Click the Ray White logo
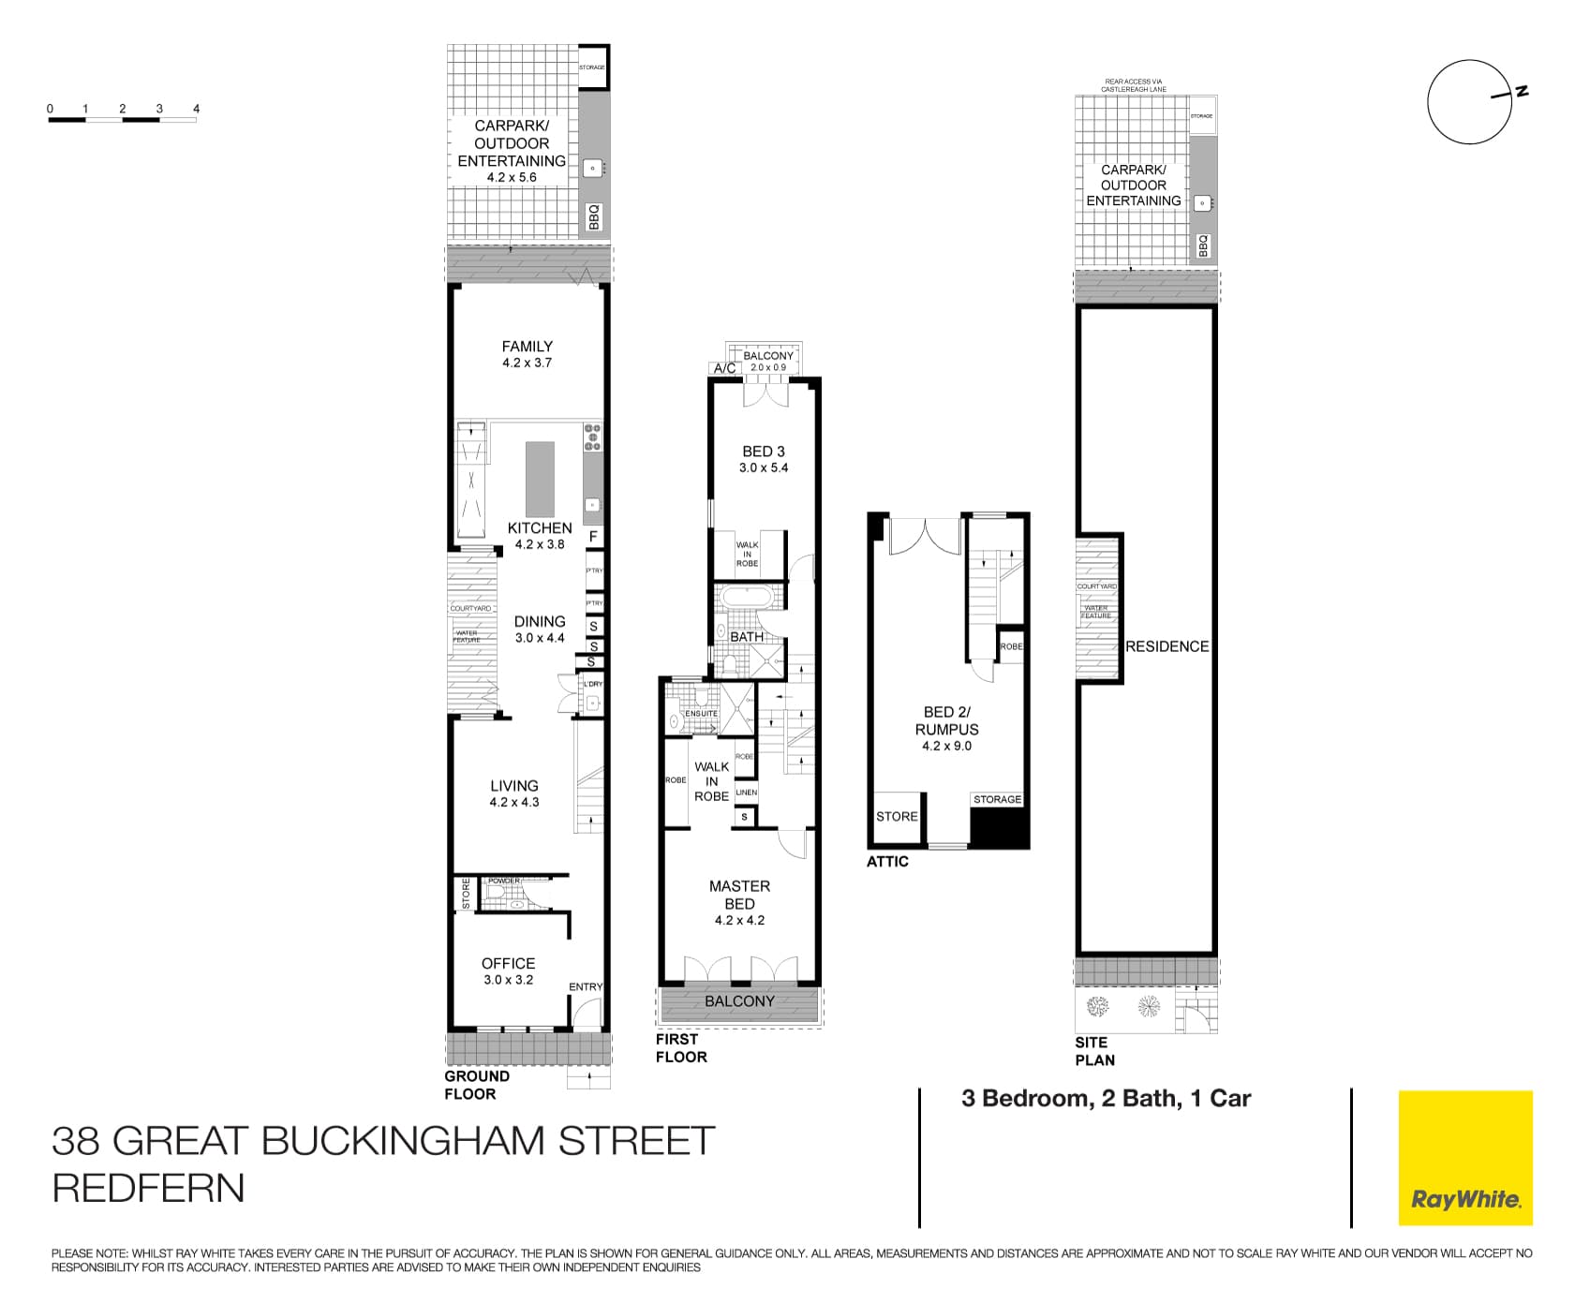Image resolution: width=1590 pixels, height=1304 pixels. click(x=1465, y=1158)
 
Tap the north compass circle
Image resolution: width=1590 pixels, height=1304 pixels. click(x=1469, y=102)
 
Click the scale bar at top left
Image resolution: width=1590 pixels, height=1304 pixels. click(x=123, y=119)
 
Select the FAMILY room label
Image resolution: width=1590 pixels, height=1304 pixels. click(x=527, y=347)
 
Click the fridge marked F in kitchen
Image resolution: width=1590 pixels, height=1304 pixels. click(x=593, y=537)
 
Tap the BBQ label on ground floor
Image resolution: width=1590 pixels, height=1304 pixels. click(x=593, y=217)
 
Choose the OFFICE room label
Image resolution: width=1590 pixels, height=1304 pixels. click(x=508, y=963)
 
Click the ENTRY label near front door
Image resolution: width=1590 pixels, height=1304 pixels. click(x=586, y=986)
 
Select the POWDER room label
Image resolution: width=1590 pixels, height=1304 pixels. click(x=503, y=881)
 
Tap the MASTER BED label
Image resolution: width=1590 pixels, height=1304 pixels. click(x=739, y=895)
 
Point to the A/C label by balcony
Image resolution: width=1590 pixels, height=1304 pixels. click(x=725, y=368)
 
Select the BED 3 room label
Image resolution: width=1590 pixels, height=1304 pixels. click(x=764, y=452)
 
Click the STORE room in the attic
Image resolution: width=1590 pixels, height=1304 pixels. click(x=897, y=817)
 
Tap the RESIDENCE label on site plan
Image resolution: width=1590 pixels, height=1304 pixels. click(x=1166, y=646)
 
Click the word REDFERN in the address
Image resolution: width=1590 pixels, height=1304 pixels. click(x=148, y=1188)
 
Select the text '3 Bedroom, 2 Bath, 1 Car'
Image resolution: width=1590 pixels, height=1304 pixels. click(x=1106, y=1099)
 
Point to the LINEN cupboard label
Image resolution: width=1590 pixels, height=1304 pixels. click(x=746, y=793)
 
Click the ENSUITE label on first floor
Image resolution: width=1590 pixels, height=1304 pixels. click(x=701, y=714)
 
